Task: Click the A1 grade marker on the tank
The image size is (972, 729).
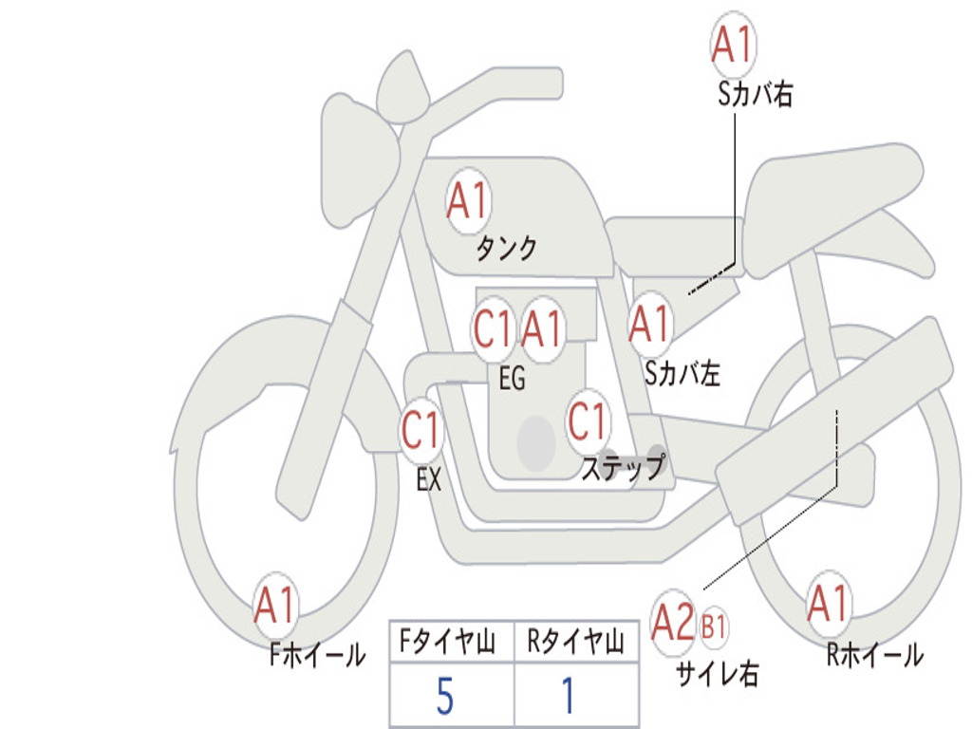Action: point(469,201)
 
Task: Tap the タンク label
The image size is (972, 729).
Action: point(507,249)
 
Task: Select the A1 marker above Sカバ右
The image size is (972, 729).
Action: point(734,44)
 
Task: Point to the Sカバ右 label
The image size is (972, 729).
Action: point(755,94)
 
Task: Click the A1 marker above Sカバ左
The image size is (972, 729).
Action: point(650,324)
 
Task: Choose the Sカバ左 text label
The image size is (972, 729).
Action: point(682,373)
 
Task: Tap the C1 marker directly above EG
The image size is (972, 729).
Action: point(494,328)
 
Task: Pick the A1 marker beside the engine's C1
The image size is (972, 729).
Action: point(542,328)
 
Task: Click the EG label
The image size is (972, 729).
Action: point(512,378)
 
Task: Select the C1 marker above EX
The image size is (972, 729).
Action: point(421,430)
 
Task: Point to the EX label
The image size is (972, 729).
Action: point(429,479)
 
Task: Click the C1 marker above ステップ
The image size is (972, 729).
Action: point(587,421)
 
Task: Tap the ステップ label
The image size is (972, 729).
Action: point(623,467)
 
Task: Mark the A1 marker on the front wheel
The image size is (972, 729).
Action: point(275,605)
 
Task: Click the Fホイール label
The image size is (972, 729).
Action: point(317,655)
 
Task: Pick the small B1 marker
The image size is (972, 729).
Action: point(714,626)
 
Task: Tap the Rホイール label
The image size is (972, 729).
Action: point(875,655)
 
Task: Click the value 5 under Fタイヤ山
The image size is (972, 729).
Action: point(445,696)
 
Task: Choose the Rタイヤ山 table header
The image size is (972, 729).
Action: point(576,642)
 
